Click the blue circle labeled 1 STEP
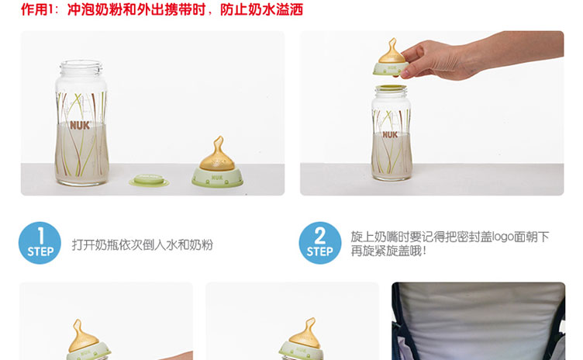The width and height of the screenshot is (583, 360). click(40, 243)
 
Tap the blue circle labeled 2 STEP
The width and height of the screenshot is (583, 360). click(320, 243)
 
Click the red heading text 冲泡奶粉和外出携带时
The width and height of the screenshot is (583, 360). click(136, 9)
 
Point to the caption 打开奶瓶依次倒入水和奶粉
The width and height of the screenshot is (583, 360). click(143, 244)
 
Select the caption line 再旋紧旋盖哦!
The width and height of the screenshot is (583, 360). click(388, 251)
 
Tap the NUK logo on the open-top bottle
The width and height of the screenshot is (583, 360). click(80, 126)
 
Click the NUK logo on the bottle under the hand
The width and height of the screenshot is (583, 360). click(390, 134)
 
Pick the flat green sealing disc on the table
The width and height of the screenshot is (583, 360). click(149, 181)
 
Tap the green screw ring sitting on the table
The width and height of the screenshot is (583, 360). click(217, 178)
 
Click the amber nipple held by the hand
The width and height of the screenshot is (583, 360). click(392, 51)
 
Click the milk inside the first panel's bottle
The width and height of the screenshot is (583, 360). click(82, 154)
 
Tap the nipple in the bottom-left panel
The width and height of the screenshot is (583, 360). click(82, 336)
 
